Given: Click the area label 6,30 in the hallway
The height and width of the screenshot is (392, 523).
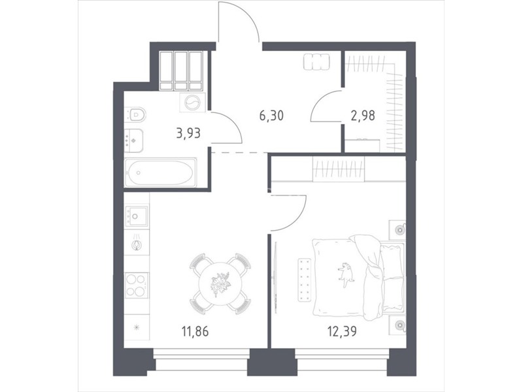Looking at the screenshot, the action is (271, 116).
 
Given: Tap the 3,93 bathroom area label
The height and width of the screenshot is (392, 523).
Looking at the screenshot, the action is (189, 133).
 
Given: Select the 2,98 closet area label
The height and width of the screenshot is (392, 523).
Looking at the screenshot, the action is (363, 116).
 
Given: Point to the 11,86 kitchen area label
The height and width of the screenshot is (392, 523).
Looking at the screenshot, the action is (195, 331).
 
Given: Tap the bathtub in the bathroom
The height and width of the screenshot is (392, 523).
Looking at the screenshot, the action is (160, 172).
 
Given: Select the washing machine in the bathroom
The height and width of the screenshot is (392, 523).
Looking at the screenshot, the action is (192, 103).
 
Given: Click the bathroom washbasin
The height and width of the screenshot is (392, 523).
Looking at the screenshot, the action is (133, 140).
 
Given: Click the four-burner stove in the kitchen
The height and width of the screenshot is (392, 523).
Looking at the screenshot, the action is (137, 285).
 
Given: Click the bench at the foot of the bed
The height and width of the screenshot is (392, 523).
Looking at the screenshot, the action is (304, 279).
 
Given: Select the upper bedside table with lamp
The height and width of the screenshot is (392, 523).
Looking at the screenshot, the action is (397, 230).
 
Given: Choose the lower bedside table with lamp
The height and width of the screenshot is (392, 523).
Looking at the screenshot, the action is (397, 324).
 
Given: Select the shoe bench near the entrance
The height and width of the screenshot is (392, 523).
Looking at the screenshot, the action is (316, 62).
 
